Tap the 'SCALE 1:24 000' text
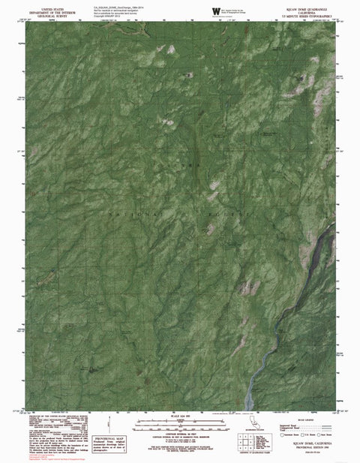pos(180,415)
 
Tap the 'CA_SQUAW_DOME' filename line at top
pos(112,4)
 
